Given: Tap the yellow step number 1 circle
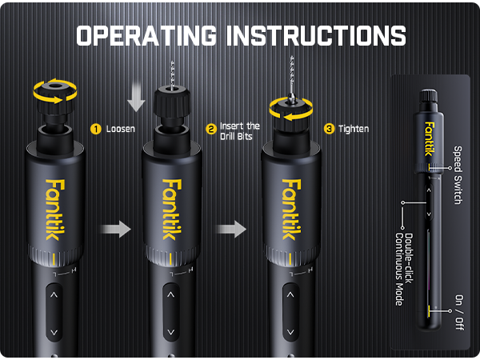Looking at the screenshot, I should coord(95,128).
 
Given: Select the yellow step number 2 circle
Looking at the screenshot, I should coord(211,128).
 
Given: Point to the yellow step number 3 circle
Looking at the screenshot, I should coord(330,128).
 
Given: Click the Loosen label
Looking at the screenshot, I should coord(120,128).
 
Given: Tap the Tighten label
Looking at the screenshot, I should coord(354,128).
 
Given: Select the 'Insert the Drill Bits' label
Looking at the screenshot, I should coord(240,130).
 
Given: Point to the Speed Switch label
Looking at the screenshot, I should coord(458,174).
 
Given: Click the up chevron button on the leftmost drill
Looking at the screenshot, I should coord(54,295).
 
